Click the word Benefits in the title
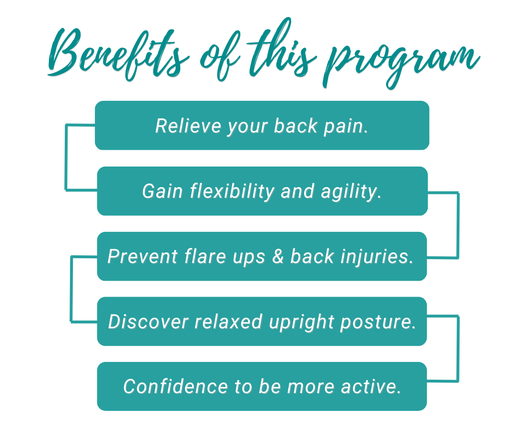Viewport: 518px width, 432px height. coord(119,55)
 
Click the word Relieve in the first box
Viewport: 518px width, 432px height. coord(188,126)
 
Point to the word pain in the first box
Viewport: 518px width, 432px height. coord(346,127)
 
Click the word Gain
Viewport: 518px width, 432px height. coord(163,192)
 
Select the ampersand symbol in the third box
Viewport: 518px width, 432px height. coord(278,256)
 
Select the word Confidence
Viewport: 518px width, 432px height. coord(176,386)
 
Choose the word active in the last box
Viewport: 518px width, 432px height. coord(371,386)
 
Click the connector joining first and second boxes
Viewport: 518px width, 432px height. coord(66,157)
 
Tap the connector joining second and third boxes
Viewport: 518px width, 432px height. coord(458,225)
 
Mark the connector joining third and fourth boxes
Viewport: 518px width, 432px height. coord(71,288)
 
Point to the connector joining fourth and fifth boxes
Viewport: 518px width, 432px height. coord(458,348)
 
